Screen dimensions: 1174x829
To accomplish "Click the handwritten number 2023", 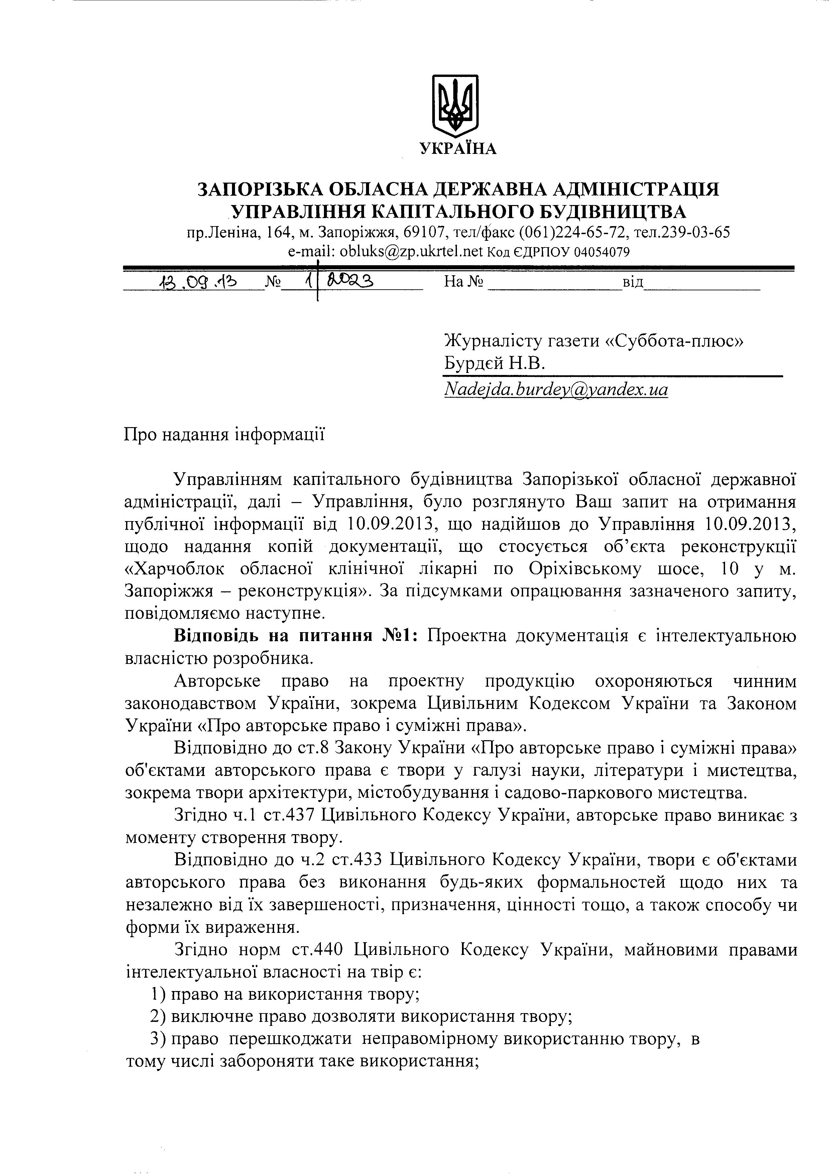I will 350,281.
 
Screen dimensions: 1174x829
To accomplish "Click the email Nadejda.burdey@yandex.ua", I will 556,390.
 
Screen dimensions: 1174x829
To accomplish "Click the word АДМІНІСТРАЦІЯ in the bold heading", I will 636,189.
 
